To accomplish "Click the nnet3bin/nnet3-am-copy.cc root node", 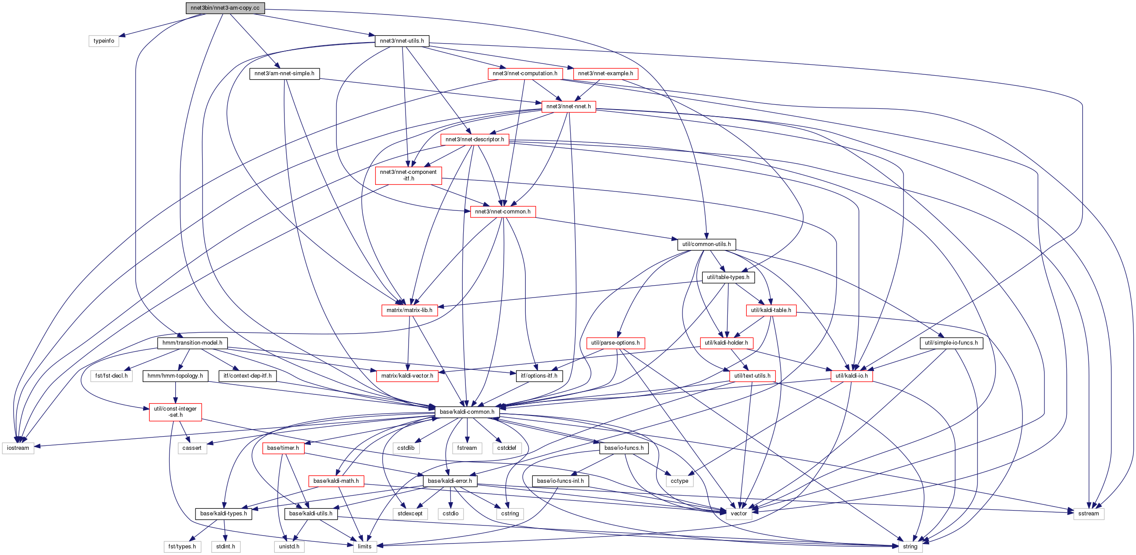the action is click(x=225, y=8).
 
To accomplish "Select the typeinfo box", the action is click(x=103, y=41).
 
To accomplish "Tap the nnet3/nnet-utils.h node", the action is click(x=402, y=41).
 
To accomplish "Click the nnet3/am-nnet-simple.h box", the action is click(x=284, y=74).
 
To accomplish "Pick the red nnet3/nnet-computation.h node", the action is click(x=525, y=74).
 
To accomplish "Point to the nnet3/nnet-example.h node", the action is click(x=605, y=74).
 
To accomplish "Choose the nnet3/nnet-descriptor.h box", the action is click(x=475, y=140).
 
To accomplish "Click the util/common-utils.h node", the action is click(x=706, y=244).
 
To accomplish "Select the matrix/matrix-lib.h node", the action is click(x=409, y=310).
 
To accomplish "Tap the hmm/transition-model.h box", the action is click(x=192, y=343).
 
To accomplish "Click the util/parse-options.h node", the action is click(x=615, y=343).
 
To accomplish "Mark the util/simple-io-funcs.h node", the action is click(x=951, y=343).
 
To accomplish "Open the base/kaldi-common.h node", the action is click(x=467, y=412).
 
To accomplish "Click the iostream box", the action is click(x=18, y=448).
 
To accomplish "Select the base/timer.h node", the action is click(x=283, y=448).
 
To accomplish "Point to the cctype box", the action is click(x=679, y=481).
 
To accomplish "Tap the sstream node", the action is click(x=1088, y=514).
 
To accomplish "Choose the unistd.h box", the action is click(x=289, y=547).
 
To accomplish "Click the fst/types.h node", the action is click(x=182, y=547).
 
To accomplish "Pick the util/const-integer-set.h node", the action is click(x=176, y=412).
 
